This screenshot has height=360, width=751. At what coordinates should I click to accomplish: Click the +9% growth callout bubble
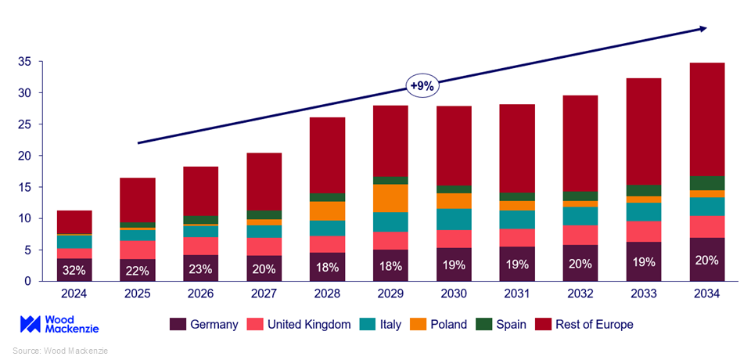pyautogui.click(x=422, y=85)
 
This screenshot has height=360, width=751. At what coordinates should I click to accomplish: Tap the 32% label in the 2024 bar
pyautogui.click(x=74, y=269)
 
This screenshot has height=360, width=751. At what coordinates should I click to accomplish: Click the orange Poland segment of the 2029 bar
pyautogui.click(x=390, y=198)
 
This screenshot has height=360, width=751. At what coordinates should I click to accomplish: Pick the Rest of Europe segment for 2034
pyautogui.click(x=707, y=119)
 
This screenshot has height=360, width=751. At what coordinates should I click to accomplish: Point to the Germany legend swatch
pyautogui.click(x=178, y=324)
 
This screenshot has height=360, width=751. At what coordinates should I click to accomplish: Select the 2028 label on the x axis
pyautogui.click(x=327, y=294)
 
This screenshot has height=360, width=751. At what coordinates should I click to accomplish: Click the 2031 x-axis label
pyautogui.click(x=517, y=294)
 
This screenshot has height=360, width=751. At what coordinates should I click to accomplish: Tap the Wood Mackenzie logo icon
pyautogui.click(x=30, y=324)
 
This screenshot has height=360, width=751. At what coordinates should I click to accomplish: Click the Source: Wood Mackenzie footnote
pyautogui.click(x=59, y=350)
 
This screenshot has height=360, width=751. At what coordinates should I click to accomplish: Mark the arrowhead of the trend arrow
pyautogui.click(x=702, y=29)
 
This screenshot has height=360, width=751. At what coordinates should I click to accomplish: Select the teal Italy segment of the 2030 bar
pyautogui.click(x=454, y=219)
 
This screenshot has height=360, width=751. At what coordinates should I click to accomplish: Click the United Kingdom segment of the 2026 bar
pyautogui.click(x=200, y=246)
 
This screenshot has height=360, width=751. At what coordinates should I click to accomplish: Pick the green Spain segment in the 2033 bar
pyautogui.click(x=644, y=190)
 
